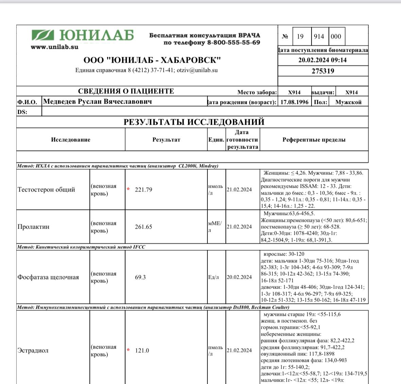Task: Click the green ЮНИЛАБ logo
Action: click(83, 35)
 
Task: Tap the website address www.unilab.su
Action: click(54, 47)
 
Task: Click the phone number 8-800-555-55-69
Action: click(234, 43)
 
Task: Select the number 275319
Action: click(323, 71)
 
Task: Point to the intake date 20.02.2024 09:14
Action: click(322, 60)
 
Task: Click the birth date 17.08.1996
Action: click(294, 102)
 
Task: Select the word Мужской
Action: click(348, 102)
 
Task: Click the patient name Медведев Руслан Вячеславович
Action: click(97, 102)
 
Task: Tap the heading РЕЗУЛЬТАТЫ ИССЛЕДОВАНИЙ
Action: click(194, 122)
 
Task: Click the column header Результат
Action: click(166, 140)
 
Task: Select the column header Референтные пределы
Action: click(314, 140)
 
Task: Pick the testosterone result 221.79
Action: click(144, 190)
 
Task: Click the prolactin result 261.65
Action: click(144, 227)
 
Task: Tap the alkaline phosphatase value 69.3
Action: click(140, 277)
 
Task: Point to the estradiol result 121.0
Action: click(142, 351)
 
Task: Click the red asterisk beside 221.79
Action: click(128, 189)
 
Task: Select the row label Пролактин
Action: click(33, 227)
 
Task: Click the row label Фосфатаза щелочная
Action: click(48, 277)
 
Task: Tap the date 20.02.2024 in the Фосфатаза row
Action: click(239, 277)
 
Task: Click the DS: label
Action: click(22, 112)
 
